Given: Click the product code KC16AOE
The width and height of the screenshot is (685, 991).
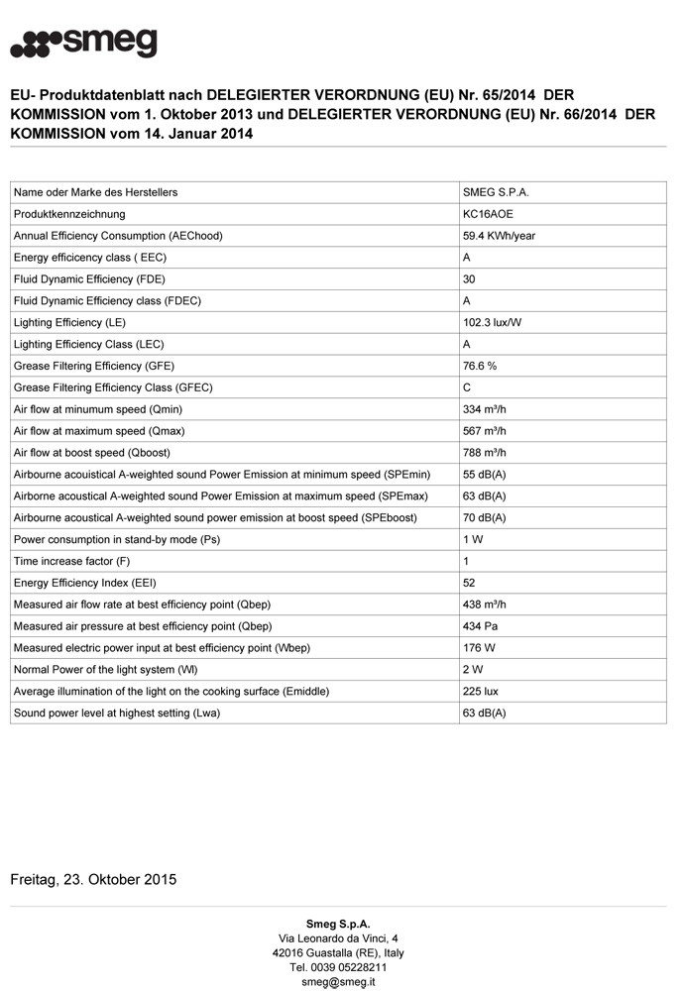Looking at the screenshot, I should pyautogui.click(x=488, y=214).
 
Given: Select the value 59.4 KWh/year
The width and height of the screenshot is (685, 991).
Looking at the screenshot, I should pyautogui.click(x=500, y=236).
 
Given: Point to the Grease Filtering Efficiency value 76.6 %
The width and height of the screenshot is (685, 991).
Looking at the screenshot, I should pyautogui.click(x=480, y=366).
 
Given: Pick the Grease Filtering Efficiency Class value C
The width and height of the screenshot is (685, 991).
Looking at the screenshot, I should pyautogui.click(x=467, y=387).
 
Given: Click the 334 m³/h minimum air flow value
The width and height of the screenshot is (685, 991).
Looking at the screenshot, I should pyautogui.click(x=485, y=409).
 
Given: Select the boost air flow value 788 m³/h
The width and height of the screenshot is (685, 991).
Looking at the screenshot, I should pyautogui.click(x=485, y=453).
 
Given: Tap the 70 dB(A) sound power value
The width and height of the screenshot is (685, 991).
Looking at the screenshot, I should pyautogui.click(x=484, y=518).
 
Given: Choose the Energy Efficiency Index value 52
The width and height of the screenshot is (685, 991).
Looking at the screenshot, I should pyautogui.click(x=470, y=583).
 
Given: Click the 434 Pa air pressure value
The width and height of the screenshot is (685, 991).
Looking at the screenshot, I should pyautogui.click(x=480, y=626).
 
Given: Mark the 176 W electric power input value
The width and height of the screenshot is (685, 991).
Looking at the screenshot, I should pyautogui.click(x=479, y=648).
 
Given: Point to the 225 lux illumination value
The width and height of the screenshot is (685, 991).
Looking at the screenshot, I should pyautogui.click(x=480, y=691).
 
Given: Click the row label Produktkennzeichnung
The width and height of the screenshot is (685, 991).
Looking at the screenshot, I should pyautogui.click(x=69, y=214).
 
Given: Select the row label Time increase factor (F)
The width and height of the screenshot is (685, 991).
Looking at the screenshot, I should pyautogui.click(x=72, y=561).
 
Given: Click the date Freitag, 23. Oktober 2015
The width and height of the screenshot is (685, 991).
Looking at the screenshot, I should pyautogui.click(x=93, y=879).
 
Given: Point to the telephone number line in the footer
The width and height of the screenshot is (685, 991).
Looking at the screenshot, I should pyautogui.click(x=338, y=967).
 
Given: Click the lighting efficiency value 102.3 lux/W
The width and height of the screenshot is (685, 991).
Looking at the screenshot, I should pyautogui.click(x=493, y=323).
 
